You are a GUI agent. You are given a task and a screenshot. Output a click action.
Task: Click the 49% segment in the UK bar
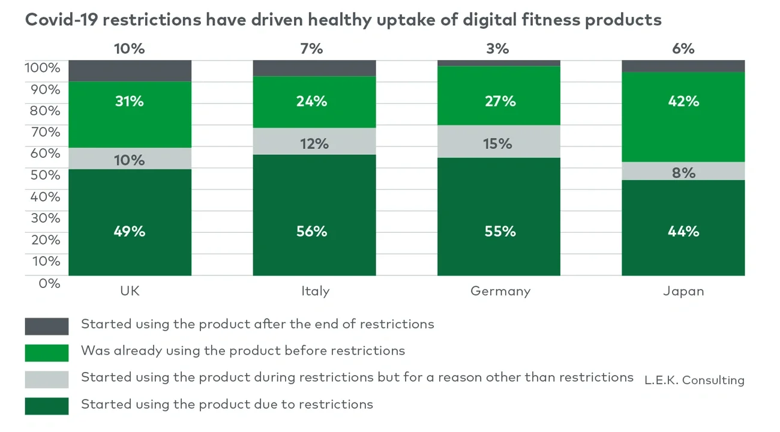[x=130, y=223]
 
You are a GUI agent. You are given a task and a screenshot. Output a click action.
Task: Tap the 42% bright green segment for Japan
[x=683, y=117]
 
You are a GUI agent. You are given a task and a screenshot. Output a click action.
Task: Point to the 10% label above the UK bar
[x=130, y=49]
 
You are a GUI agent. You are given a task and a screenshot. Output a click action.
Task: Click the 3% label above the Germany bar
[x=497, y=49]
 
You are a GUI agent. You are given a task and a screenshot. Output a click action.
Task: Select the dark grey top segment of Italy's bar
[x=314, y=68]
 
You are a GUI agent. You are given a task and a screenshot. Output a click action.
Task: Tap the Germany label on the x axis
[x=500, y=292]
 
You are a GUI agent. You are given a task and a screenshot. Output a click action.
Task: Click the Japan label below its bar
[x=683, y=292]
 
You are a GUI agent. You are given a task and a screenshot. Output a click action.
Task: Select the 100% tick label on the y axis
[x=43, y=67]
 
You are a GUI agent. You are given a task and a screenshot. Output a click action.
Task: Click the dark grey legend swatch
[x=47, y=326]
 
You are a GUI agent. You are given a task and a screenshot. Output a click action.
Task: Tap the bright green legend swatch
[x=47, y=353]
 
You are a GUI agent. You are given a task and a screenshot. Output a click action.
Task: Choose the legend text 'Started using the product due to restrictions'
[x=227, y=404]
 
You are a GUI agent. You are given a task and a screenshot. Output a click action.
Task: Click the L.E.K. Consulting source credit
[x=694, y=380]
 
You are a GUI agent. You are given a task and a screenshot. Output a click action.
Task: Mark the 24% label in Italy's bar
[x=311, y=101]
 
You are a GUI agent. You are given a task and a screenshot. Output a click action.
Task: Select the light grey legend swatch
[x=47, y=379]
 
